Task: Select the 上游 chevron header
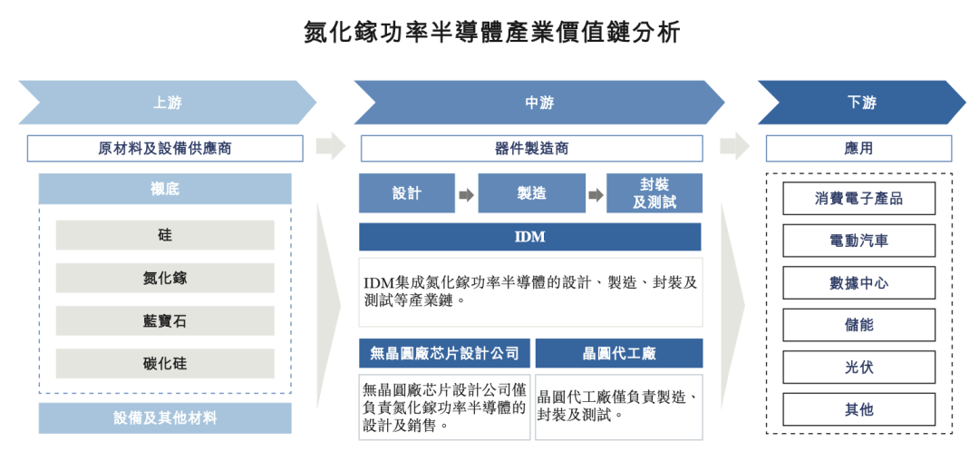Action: click(168, 103)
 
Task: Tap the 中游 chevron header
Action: click(539, 103)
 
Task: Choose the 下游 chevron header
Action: click(862, 103)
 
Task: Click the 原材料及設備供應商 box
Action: click(165, 149)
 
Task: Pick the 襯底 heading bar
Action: click(165, 189)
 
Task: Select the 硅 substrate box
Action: click(165, 235)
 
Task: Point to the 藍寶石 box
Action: click(165, 320)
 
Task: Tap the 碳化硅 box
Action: click(165, 363)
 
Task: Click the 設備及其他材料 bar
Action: click(165, 418)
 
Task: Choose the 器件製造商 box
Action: click(531, 149)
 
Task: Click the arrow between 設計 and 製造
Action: click(467, 195)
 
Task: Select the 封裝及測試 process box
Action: click(654, 193)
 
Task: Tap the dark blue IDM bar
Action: click(530, 237)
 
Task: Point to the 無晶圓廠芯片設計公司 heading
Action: click(444, 353)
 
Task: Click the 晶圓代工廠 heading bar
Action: click(619, 353)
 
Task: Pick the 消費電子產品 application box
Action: click(858, 199)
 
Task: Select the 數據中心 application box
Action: click(858, 282)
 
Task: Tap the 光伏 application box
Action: click(858, 367)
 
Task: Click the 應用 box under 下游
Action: click(858, 149)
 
